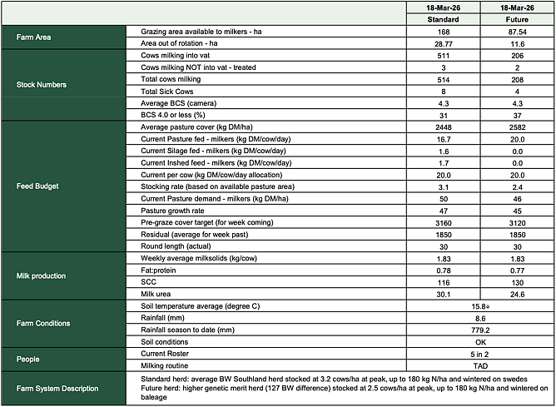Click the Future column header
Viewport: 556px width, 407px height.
pos(518,18)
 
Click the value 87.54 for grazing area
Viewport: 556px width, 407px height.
pos(518,31)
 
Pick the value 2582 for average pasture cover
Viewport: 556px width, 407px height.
pos(518,127)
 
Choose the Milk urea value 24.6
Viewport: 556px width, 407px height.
pos(518,294)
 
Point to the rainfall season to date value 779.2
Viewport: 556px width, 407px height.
pos(480,330)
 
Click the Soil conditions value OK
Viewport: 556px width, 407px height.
pos(480,342)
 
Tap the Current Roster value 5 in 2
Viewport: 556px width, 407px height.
pos(480,355)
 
